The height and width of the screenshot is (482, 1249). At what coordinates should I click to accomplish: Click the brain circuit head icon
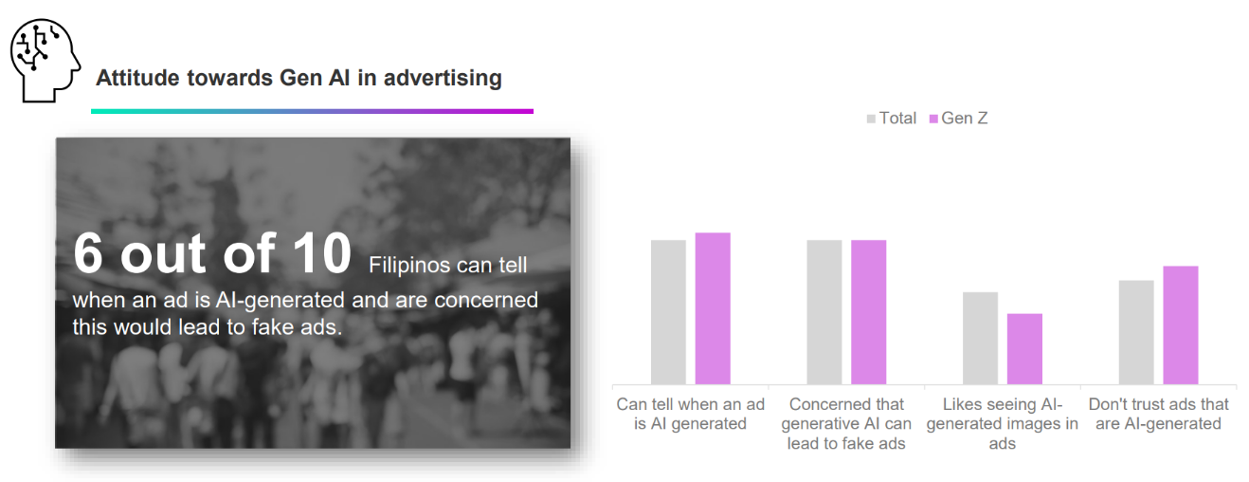45,61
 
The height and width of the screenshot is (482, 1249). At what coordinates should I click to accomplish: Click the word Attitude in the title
136,78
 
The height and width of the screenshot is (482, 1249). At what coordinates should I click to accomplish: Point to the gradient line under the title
313,111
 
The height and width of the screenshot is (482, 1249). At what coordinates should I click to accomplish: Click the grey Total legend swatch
871,119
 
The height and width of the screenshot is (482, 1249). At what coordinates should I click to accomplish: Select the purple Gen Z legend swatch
933,119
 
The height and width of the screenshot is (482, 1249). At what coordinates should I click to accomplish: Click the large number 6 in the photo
88,254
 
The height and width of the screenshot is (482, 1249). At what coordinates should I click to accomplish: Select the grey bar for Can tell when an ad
668,312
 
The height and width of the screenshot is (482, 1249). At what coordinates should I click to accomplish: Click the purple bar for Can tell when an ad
713,308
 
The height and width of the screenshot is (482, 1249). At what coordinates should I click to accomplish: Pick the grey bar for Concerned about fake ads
824,312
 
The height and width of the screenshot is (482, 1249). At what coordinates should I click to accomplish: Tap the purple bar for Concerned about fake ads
869,312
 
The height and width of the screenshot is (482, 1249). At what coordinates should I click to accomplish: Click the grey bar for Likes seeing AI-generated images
980,338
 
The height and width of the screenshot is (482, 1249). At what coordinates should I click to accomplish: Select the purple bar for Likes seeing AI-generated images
1024,349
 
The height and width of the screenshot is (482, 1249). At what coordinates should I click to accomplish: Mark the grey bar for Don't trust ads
1136,332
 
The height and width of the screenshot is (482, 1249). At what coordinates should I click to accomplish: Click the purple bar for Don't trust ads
1181,325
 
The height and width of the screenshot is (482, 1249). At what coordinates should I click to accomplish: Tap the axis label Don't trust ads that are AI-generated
1158,414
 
